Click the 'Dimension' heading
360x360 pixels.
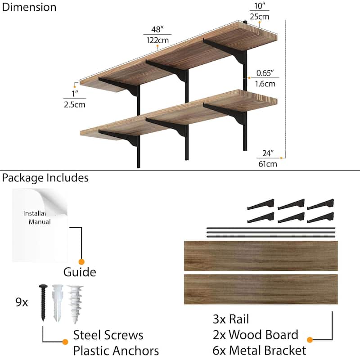coord(29,7)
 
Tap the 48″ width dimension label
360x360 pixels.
coord(156,30)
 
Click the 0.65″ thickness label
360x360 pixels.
coord(265,73)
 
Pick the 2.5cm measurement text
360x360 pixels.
coord(74,104)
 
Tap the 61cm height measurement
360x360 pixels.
coord(267,164)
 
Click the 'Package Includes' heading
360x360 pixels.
coord(45,178)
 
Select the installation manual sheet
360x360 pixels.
coord(40,225)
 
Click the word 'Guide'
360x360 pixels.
coord(80,272)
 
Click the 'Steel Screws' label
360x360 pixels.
coord(108,335)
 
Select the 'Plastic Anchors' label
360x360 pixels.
coord(116,351)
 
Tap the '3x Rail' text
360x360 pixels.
coord(231,319)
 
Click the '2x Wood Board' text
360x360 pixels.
coord(255,335)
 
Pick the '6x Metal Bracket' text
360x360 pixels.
coord(259,351)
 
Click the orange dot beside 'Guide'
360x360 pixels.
coord(81,261)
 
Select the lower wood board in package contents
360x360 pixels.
coord(261,289)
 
